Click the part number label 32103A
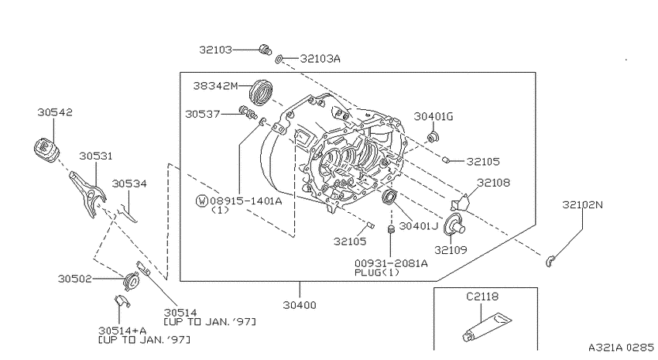tap(320, 59)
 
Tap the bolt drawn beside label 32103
tap(266, 50)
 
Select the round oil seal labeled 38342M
tap(261, 91)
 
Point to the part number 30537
tap(203, 114)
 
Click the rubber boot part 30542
tap(46, 149)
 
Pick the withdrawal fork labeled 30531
tap(87, 194)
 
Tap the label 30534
tap(129, 183)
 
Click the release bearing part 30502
tap(132, 280)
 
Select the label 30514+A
tap(122, 331)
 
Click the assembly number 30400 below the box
tap(300, 305)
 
